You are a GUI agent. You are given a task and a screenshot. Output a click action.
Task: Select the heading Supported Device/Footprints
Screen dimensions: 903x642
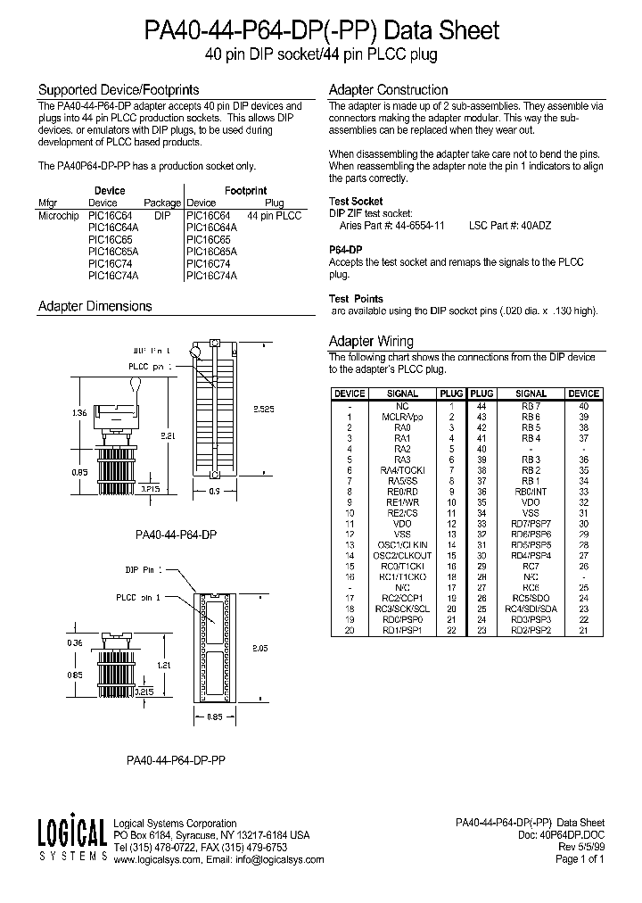(105, 90)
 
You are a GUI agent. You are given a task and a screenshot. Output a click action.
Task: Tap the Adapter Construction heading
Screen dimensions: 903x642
(388, 90)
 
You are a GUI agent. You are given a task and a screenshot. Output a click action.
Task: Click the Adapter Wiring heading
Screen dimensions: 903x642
(371, 341)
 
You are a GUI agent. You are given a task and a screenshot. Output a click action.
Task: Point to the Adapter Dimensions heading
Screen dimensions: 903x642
(95, 306)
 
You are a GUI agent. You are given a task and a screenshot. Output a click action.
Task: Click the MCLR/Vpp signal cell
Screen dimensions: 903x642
(402, 417)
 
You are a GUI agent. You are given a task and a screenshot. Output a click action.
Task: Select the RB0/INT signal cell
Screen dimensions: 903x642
(531, 491)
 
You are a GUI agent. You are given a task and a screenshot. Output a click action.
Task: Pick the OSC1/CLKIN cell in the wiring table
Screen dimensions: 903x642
(402, 544)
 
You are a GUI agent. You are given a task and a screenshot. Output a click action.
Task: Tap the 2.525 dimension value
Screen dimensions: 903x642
(262, 408)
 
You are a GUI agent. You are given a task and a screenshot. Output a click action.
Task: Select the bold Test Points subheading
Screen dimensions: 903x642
(356, 299)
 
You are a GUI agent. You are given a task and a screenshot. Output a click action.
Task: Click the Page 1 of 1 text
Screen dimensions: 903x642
(580, 860)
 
